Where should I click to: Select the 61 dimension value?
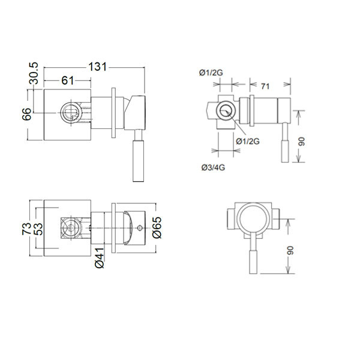(68, 80)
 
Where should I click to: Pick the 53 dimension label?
(38, 230)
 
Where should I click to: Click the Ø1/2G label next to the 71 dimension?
(211, 73)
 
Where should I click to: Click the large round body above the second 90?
(251, 220)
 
